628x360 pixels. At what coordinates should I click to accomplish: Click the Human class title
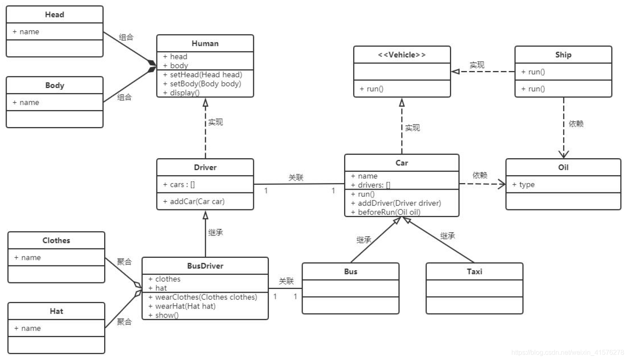205,43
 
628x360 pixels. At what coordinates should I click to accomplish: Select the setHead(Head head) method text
203,75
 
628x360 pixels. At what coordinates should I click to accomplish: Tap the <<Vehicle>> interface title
401,55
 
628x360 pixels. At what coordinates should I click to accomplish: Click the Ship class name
563,55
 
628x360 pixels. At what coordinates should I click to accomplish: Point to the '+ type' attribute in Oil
523,184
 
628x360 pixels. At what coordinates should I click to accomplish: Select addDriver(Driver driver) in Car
396,203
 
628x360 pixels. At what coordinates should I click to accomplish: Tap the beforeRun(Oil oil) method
386,212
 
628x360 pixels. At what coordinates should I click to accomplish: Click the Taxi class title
474,272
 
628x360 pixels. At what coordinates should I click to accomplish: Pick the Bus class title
350,272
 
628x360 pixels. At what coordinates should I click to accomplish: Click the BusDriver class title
205,266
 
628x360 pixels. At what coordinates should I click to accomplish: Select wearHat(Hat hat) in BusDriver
182,306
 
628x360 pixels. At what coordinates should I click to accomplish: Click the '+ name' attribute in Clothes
27,257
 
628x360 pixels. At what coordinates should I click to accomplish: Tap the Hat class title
56,311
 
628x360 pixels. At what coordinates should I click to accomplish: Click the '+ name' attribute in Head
26,32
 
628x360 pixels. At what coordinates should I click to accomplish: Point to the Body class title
54,85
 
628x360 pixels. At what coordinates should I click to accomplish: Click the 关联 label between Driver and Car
296,178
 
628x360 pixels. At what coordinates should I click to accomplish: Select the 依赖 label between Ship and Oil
576,124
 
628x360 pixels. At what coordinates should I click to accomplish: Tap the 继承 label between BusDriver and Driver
215,233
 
